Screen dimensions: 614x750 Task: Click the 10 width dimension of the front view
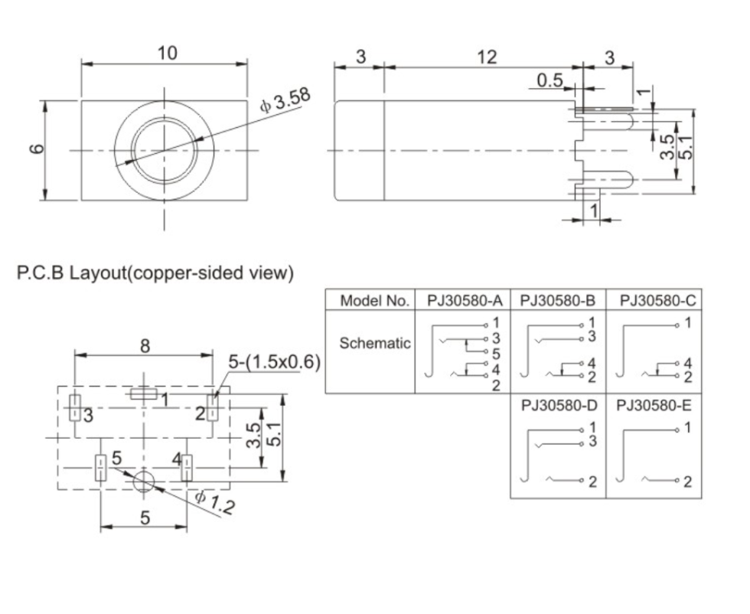167,53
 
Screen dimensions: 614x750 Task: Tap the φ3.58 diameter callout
285,102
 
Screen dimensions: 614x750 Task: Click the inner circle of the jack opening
163,150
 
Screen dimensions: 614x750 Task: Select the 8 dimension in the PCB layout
144,345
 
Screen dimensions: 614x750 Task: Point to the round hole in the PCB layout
143,482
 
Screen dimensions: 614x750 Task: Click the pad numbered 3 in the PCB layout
75,408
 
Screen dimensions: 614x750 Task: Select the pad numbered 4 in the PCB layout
187,467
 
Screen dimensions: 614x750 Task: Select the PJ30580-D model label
559,405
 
